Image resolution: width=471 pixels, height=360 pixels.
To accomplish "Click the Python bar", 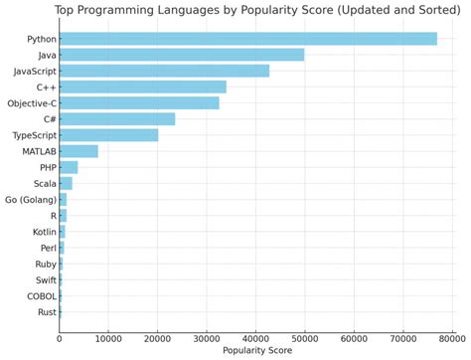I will [x=247, y=39].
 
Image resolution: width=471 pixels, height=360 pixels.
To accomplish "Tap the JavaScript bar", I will [x=164, y=71].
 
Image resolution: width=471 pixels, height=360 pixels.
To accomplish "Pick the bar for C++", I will [x=143, y=87].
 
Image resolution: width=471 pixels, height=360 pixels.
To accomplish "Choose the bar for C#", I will [x=117, y=119].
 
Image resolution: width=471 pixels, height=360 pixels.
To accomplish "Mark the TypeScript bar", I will [x=108, y=135].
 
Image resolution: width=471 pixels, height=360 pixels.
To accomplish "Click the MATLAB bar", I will [x=78, y=151].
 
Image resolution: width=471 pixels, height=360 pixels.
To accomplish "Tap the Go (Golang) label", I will [x=30, y=200].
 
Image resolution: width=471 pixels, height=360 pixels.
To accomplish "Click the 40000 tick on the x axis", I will [x=255, y=338].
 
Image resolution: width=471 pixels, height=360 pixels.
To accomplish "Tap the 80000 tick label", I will [x=452, y=338].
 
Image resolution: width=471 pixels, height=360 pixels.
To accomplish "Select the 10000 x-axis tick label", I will [x=108, y=338].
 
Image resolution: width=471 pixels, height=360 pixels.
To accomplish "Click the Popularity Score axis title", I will [x=256, y=352].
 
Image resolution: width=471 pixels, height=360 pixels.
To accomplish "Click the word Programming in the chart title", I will [x=135, y=11].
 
